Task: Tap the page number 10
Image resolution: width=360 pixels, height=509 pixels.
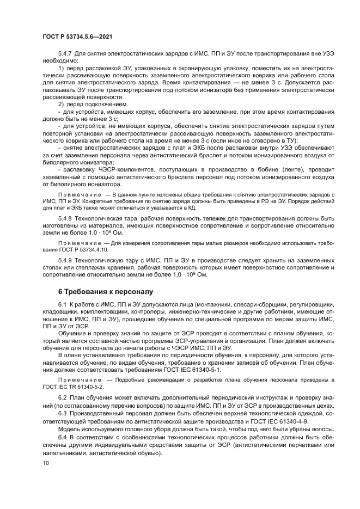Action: (46, 463)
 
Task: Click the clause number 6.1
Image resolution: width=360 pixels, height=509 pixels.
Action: (62, 303)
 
